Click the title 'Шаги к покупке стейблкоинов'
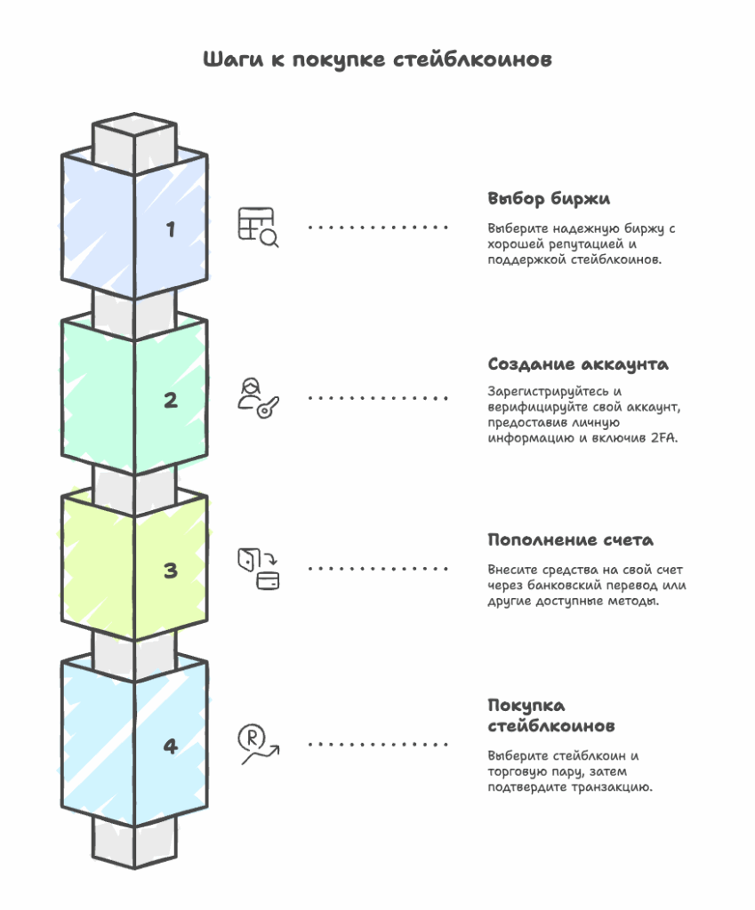377,60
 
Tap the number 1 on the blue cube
171,229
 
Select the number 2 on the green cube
171,400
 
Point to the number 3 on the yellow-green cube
171,571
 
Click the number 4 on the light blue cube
171,746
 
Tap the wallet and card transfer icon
257,569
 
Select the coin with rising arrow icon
258,745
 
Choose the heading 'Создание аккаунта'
578,364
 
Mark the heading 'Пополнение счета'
570,539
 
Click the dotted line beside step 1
378,227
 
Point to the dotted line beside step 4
378,745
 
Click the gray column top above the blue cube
133,138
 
